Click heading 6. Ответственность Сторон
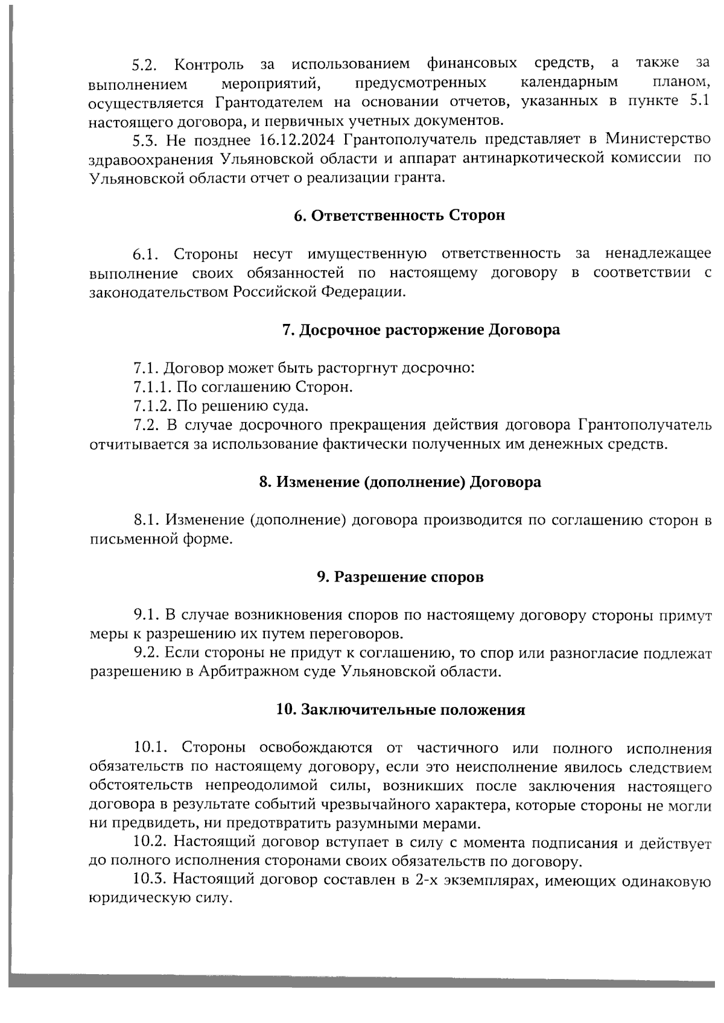399,216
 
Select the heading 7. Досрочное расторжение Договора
421,330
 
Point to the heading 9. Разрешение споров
400,577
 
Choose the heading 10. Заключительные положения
400,710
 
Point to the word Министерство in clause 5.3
658,141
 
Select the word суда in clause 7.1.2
292,406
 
